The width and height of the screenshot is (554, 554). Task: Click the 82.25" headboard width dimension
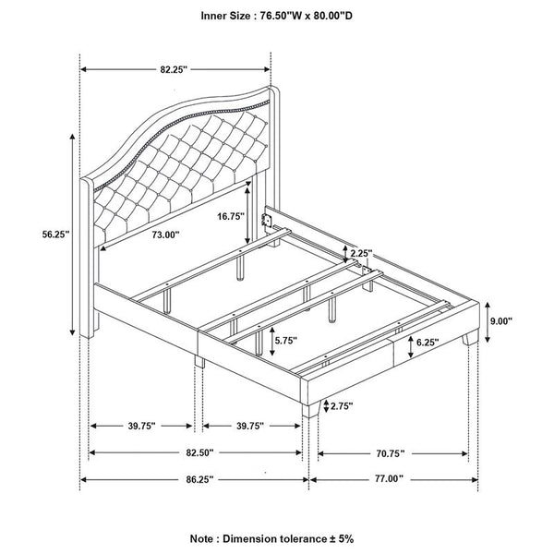[x=174, y=69]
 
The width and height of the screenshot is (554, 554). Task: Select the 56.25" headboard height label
[x=55, y=235]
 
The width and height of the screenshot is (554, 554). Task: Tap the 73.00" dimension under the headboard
[x=165, y=235]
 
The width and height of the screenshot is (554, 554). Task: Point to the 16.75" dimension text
[x=231, y=216]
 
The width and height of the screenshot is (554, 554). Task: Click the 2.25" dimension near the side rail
[x=361, y=253]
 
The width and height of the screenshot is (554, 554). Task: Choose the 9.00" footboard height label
[x=501, y=321]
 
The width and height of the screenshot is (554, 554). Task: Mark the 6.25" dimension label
[x=428, y=342]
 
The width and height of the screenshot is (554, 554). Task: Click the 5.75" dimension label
[x=286, y=340]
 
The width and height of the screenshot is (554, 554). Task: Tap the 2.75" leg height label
[x=342, y=406]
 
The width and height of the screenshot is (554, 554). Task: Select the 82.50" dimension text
[x=200, y=452]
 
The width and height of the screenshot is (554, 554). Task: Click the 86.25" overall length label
[x=200, y=479]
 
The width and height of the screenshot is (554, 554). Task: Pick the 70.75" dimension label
[x=390, y=453]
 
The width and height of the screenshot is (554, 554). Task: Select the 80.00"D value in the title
[x=331, y=16]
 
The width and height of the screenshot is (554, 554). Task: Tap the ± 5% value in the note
[x=341, y=538]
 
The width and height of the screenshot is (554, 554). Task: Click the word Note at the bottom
[x=201, y=539]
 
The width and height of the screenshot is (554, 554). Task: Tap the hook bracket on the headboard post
[x=266, y=221]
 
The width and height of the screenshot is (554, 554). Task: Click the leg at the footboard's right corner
[x=470, y=338]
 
